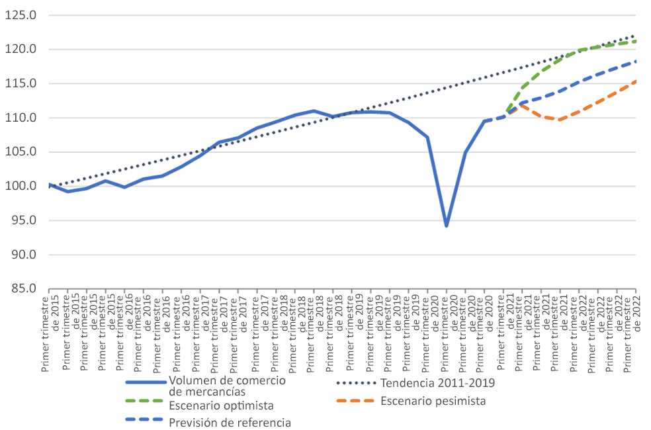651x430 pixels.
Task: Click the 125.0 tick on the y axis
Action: (x=21, y=15)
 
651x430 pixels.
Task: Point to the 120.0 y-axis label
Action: (x=21, y=50)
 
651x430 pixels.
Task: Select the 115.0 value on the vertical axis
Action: (x=21, y=83)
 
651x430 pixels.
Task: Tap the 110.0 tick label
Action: (x=21, y=118)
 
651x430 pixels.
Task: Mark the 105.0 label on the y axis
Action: (x=21, y=152)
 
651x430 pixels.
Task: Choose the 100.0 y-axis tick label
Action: (x=21, y=186)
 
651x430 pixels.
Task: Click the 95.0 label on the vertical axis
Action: (x=23, y=220)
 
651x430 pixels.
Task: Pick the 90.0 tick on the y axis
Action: (x=23, y=255)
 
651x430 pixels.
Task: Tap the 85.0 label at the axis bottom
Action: (x=23, y=288)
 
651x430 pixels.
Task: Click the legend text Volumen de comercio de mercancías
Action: (x=227, y=386)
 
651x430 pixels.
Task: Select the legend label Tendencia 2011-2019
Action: (x=437, y=382)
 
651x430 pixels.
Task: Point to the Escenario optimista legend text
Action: (x=221, y=406)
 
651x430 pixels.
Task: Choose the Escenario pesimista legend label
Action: (x=433, y=401)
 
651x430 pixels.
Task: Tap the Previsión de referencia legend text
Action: (x=230, y=423)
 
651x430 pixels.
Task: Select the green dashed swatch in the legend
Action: (x=144, y=401)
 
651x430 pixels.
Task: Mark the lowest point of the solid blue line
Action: (x=447, y=226)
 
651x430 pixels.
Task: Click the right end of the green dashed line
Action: (x=636, y=41)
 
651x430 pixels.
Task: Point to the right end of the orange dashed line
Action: (x=636, y=81)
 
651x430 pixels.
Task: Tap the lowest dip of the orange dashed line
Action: (x=559, y=120)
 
